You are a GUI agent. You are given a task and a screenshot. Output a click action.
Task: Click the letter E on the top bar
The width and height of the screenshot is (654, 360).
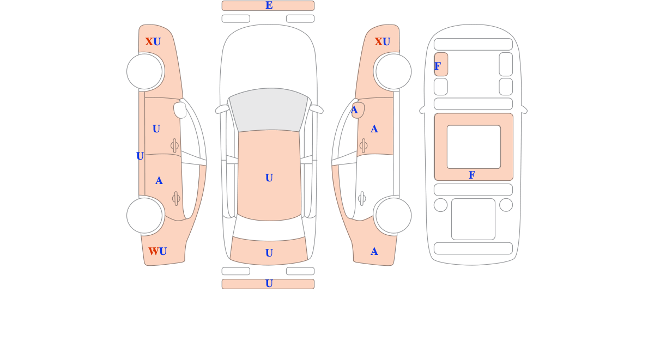click(x=269, y=5)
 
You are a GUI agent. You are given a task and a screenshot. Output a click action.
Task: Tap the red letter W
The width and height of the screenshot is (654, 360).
click(x=153, y=252)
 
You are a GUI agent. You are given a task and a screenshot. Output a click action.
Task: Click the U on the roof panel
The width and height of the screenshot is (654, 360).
click(x=269, y=178)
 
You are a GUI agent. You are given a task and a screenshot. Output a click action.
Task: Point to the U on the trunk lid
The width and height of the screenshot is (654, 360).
click(x=269, y=253)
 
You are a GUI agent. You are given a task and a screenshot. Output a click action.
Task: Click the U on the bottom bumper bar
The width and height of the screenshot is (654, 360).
click(x=269, y=284)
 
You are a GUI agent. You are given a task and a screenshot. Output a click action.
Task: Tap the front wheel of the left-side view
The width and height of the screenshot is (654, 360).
click(x=145, y=71)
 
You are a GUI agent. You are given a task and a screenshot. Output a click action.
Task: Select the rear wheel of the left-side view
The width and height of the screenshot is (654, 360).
click(x=145, y=215)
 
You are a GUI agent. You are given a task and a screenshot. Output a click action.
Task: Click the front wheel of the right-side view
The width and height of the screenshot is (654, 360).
click(x=393, y=71)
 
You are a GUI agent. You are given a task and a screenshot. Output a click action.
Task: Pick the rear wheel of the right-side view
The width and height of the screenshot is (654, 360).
click(x=393, y=215)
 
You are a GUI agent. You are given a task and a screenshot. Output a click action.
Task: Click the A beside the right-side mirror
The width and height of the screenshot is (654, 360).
click(x=354, y=111)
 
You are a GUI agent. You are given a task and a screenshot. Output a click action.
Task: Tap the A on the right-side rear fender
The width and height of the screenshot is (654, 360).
click(x=374, y=252)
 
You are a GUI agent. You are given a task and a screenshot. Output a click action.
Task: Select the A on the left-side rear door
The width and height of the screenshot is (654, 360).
click(x=159, y=181)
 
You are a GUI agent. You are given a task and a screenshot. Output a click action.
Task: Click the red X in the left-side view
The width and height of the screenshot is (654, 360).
click(x=149, y=42)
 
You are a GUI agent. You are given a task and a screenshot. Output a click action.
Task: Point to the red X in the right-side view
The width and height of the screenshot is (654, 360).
click(x=378, y=42)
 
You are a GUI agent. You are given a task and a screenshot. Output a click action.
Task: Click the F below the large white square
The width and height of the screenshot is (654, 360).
click(x=471, y=175)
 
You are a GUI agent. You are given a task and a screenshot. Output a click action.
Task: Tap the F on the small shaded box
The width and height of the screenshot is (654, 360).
click(x=438, y=66)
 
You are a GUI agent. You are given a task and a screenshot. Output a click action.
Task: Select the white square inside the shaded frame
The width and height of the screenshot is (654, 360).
click(x=473, y=147)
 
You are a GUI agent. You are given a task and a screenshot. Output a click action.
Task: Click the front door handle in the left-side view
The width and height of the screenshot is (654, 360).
click(x=174, y=145)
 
